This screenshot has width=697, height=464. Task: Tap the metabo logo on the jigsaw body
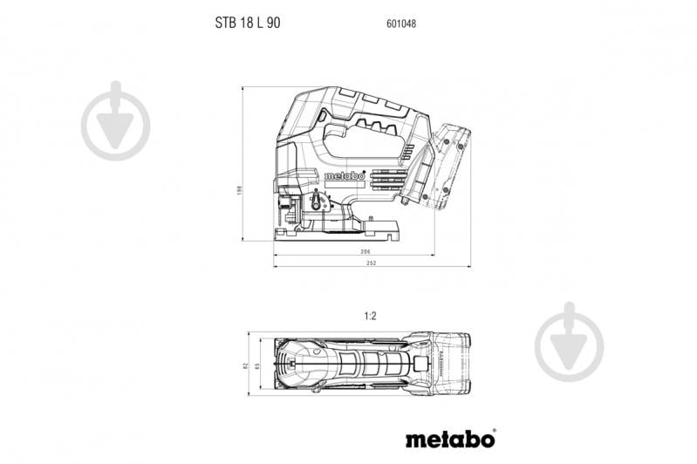344,175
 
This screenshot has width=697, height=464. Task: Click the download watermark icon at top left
115,122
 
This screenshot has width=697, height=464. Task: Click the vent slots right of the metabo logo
384,176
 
